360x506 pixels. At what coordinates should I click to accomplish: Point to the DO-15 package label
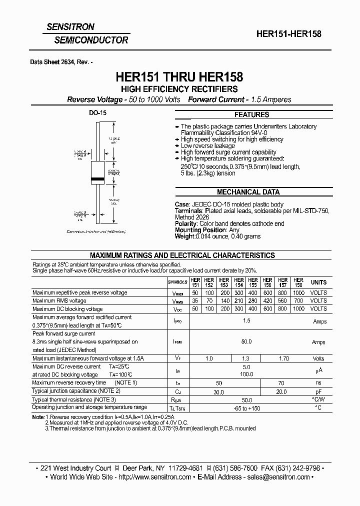point(98,113)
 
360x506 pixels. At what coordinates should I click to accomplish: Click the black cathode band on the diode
point(98,178)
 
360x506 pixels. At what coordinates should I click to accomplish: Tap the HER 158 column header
point(298,282)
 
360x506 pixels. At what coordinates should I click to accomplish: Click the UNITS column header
point(318,282)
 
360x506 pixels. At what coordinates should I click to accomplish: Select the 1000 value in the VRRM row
point(298,293)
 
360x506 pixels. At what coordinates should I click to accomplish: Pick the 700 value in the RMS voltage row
point(298,301)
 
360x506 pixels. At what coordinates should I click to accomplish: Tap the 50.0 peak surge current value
point(246,341)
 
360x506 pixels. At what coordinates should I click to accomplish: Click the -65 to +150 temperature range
point(246,409)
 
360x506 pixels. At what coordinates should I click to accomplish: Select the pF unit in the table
point(318,392)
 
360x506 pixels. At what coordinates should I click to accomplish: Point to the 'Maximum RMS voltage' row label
point(59,301)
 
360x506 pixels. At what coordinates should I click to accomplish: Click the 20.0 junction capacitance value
point(282,392)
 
